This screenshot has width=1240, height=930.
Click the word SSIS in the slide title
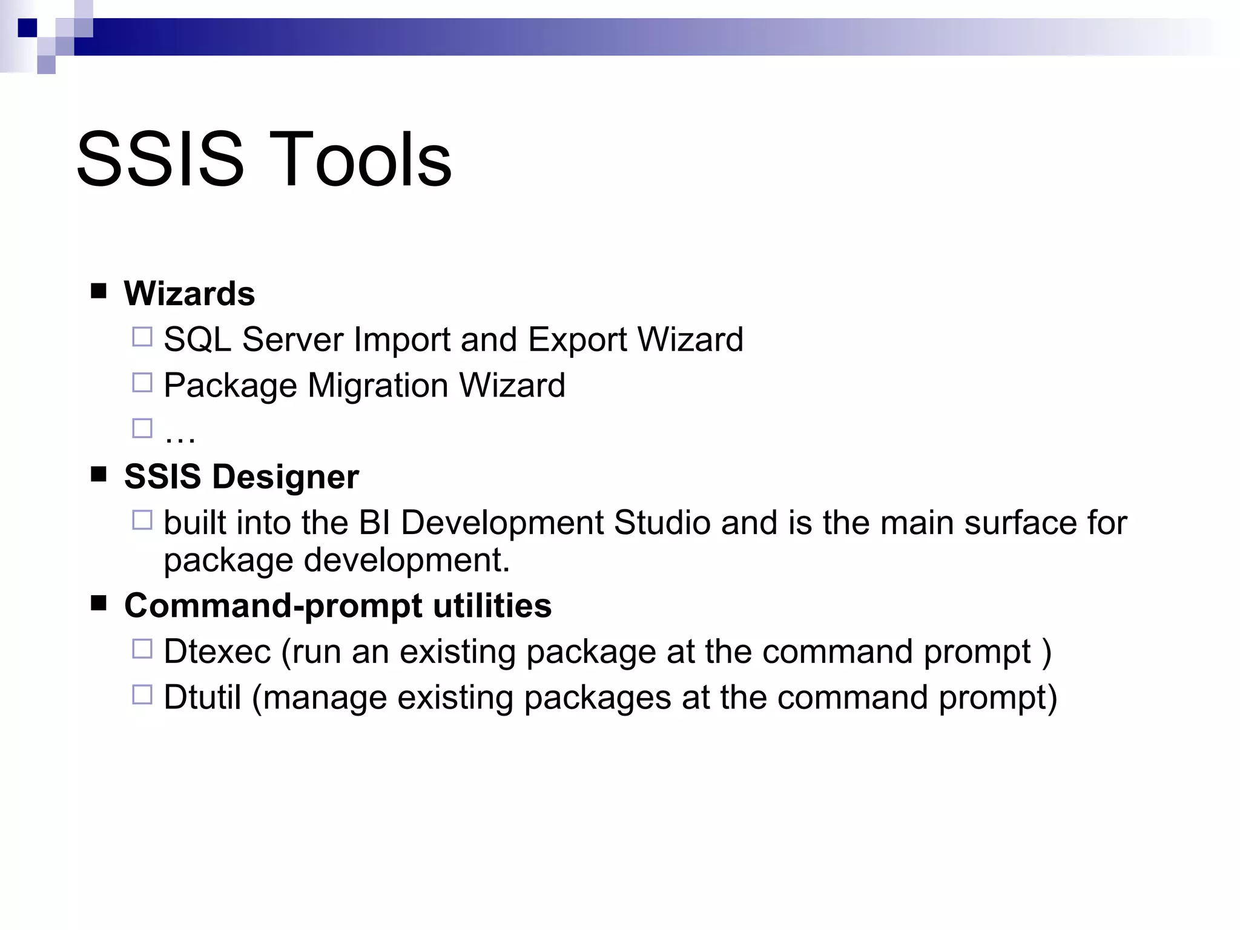pos(160,159)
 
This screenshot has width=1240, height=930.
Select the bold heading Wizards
pos(190,294)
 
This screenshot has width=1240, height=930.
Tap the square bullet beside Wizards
pos(99,291)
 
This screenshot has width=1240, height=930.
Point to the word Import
pos(402,339)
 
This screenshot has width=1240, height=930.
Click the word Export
pos(577,339)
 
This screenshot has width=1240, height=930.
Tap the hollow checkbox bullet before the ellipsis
pos(142,429)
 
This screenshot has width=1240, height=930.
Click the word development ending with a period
pos(407,560)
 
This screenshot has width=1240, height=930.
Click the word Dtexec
pos(217,651)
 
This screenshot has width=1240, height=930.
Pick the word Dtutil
pos(202,697)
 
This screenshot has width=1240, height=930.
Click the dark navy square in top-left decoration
pos(27,27)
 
